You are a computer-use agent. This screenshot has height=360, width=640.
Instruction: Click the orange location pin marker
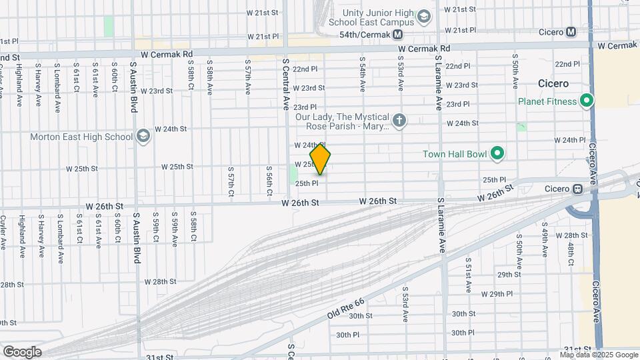point(320,159)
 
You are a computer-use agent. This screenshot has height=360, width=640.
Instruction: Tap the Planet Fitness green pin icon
point(587,101)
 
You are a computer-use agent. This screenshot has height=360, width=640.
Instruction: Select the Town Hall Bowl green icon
point(497,154)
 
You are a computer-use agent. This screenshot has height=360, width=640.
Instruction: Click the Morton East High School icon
point(143,137)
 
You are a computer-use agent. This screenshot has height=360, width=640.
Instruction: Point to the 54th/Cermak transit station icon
point(398,35)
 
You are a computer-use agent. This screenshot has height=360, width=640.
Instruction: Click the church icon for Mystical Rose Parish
point(399,121)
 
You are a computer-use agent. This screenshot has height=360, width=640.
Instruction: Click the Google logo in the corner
point(22,351)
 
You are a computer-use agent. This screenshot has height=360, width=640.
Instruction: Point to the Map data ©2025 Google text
point(598,355)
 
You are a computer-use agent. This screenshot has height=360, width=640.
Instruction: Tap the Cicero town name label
point(553,84)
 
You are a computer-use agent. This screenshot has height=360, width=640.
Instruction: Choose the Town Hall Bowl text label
point(455,154)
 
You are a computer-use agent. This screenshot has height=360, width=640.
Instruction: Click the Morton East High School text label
point(81,137)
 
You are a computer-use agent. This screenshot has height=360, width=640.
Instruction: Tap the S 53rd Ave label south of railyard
point(405,303)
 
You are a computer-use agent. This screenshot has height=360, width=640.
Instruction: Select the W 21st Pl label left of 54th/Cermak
point(263,36)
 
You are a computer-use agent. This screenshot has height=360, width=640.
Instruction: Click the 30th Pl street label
point(348,335)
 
